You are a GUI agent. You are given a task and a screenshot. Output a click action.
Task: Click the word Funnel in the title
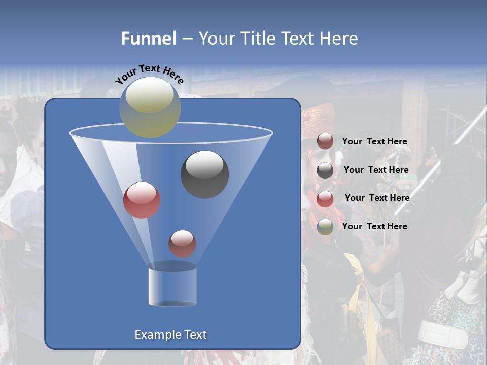[148, 38]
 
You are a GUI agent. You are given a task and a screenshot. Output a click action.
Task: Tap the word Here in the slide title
[339, 38]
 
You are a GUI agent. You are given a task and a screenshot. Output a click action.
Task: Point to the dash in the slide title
[187, 39]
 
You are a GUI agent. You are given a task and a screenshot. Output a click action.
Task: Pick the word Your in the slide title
[218, 38]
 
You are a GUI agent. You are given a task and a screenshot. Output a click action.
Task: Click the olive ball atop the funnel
[150, 107]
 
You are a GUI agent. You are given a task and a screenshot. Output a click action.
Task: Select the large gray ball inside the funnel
[204, 174]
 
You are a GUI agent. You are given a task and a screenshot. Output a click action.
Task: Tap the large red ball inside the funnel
[142, 200]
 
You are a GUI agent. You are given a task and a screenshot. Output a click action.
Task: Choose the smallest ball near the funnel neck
[182, 243]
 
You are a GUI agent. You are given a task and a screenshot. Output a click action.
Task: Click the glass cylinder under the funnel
[172, 285]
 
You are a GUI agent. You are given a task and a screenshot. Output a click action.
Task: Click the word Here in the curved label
[173, 76]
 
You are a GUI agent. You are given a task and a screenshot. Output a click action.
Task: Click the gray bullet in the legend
[325, 171]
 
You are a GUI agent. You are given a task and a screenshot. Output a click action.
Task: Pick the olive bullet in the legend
[325, 227]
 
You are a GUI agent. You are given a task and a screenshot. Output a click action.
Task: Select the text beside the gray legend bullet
[376, 170]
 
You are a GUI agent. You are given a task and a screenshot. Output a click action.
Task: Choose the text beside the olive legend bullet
[374, 226]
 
